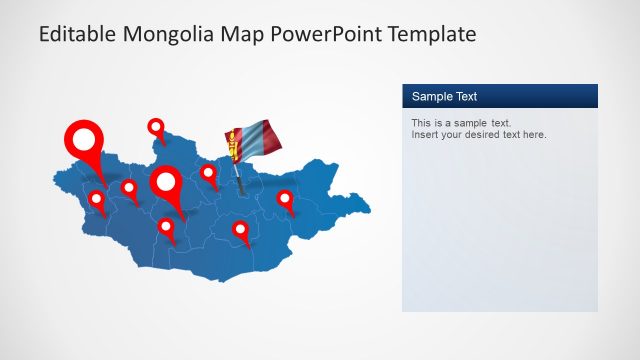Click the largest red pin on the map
click(x=85, y=142)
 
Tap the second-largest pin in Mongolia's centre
click(x=167, y=186)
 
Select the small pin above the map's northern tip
click(x=156, y=128)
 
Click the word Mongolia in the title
click(x=169, y=35)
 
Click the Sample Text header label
click(x=444, y=96)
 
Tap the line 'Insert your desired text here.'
click(x=479, y=135)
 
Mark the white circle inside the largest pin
click(x=85, y=138)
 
